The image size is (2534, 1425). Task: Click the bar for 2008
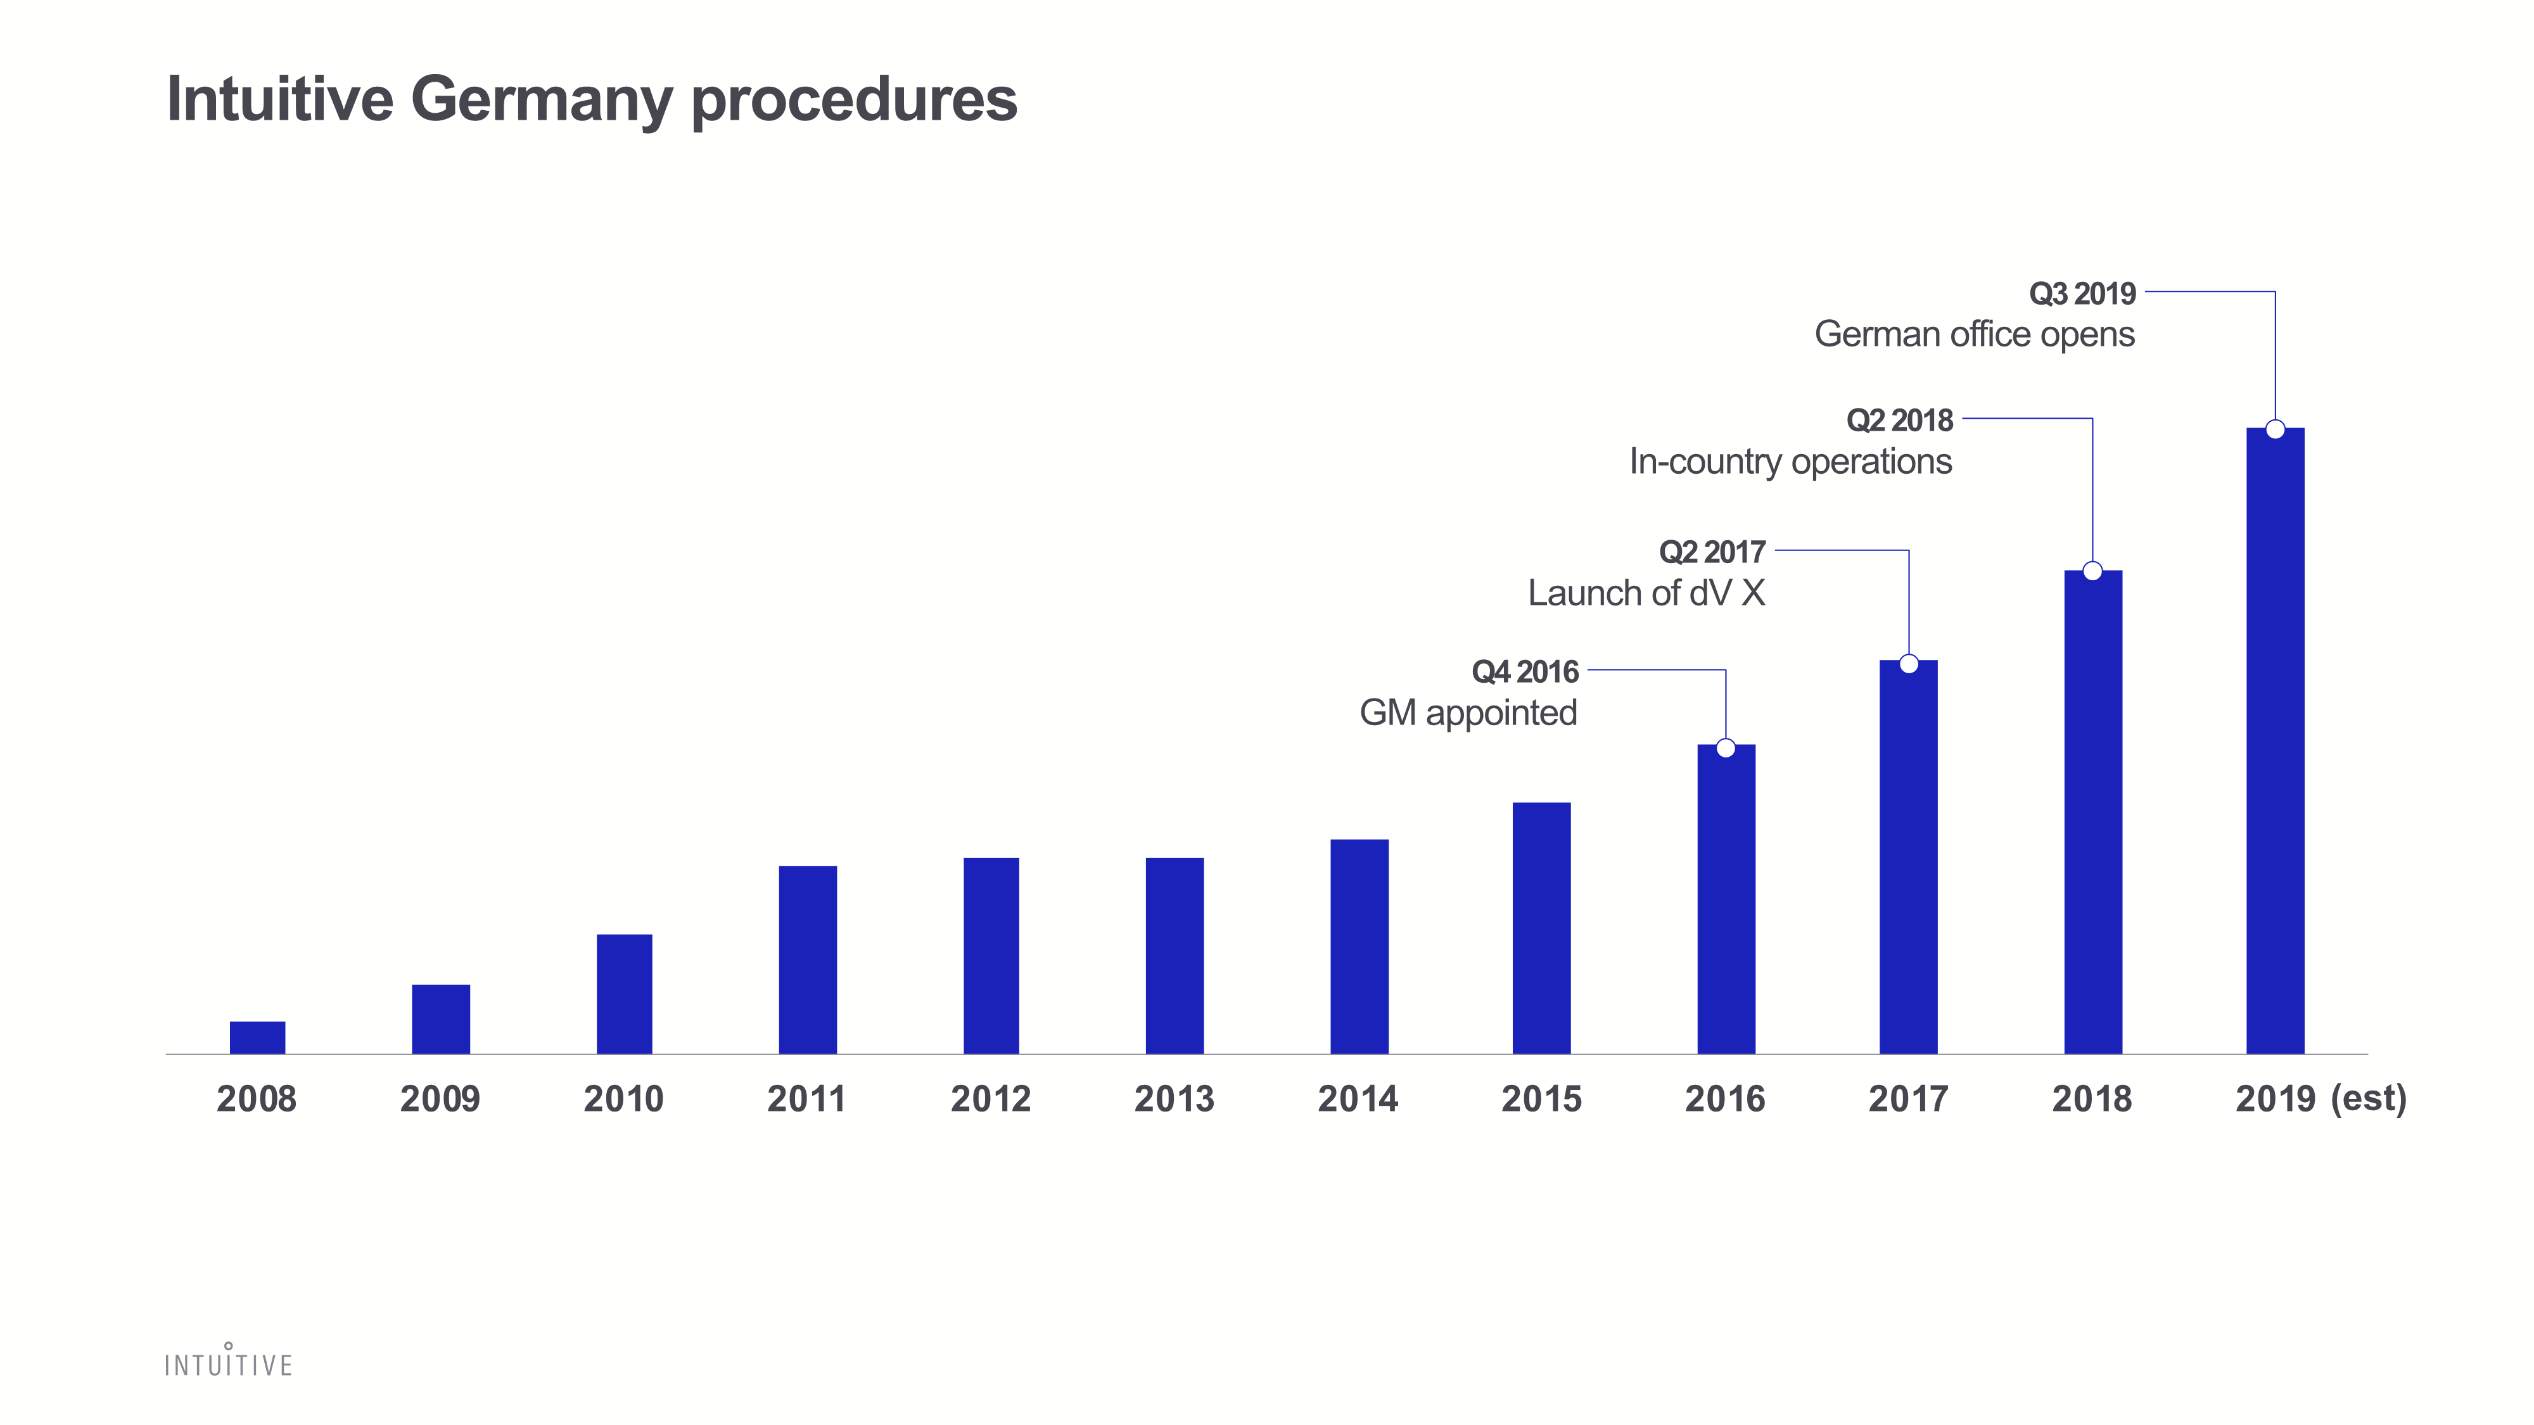[x=258, y=1037]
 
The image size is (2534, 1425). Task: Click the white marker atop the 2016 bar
[x=1726, y=749]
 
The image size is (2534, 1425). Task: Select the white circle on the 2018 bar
[x=2092, y=571]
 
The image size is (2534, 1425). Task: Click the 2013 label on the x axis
[x=1175, y=1098]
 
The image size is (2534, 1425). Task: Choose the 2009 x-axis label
[x=440, y=1098]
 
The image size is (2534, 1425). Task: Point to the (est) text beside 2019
[x=2369, y=1098]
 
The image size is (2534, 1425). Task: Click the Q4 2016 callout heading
[x=1525, y=672]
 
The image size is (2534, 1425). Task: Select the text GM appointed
[x=1468, y=713]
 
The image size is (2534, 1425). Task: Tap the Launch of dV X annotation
[x=1646, y=593]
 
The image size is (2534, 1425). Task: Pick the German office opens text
[x=1974, y=334]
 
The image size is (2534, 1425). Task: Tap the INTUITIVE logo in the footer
[x=228, y=1362]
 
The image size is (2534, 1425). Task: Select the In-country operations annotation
[x=1790, y=461]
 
